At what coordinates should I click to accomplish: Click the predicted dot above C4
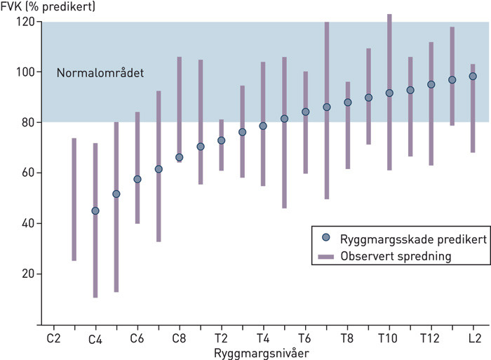95,211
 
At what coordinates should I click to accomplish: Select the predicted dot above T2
221,140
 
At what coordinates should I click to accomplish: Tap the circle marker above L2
473,76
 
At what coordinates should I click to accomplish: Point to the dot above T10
389,93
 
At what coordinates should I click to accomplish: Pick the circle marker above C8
179,157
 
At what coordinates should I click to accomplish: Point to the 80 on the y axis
27,123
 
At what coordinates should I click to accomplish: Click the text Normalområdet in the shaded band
100,72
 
